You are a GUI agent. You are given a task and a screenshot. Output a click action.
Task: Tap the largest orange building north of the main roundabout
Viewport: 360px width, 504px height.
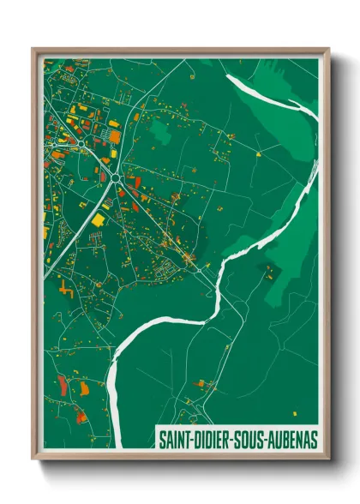click(x=115, y=135)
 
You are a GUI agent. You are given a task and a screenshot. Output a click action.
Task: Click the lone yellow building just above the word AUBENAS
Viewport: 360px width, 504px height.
click(x=294, y=411)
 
